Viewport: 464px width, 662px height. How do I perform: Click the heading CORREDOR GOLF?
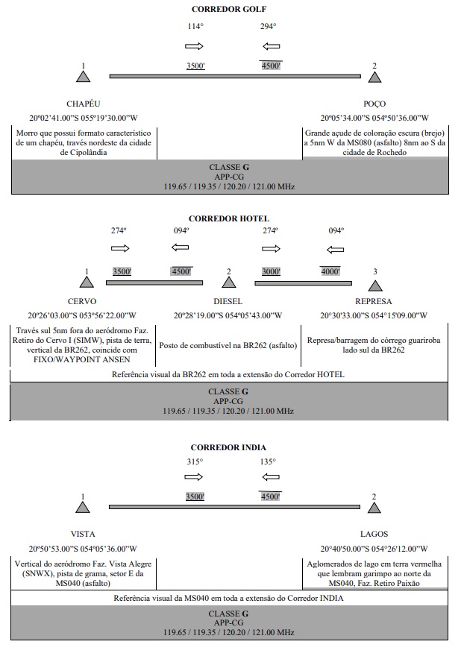228,9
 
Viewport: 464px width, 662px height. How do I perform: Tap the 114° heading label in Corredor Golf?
195,26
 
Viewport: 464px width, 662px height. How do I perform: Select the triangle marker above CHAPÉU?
83,77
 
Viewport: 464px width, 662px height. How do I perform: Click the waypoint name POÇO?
374,104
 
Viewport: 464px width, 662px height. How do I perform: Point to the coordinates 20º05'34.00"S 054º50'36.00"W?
374,118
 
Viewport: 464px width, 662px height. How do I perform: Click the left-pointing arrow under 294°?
272,46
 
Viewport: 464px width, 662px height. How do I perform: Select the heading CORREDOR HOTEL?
228,218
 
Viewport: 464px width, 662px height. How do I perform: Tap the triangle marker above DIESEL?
228,283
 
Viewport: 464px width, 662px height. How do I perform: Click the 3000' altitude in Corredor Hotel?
271,271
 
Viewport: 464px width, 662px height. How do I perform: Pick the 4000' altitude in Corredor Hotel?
330,271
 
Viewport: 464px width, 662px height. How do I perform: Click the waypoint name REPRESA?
373,301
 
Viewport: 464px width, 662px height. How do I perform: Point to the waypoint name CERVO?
82,301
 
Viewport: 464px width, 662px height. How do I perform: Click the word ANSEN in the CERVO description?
116,360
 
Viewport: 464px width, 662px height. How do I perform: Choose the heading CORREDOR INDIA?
228,447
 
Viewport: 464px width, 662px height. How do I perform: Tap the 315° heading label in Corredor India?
195,461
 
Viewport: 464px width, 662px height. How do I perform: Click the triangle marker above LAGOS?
374,508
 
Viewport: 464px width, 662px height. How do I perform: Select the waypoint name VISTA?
82,534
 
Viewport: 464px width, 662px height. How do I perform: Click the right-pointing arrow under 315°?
194,477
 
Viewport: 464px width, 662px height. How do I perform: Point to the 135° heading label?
268,461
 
